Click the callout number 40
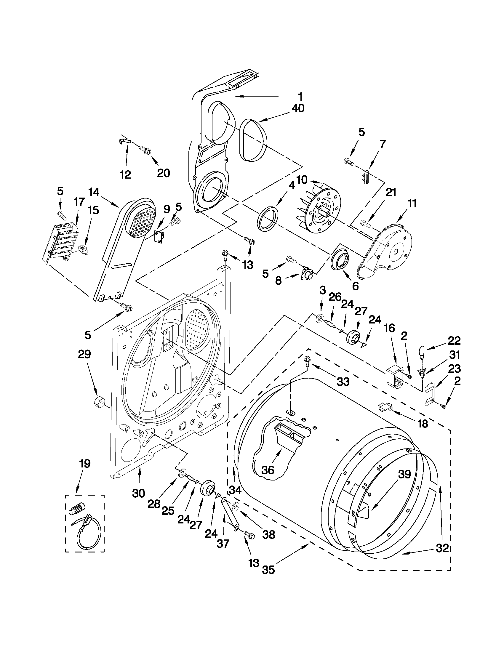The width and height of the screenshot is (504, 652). pos(298,108)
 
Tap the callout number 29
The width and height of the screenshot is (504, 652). pos(84,355)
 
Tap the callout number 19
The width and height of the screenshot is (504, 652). pos(84,464)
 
